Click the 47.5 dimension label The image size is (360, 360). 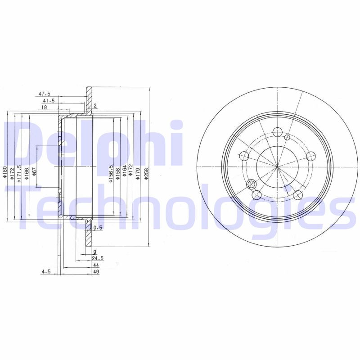click(44, 94)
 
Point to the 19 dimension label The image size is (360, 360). click(45, 108)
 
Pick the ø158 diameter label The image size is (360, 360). click(117, 174)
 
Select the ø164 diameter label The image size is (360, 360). click(124, 174)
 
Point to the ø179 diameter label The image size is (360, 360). click(137, 174)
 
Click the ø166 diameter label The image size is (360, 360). click(27, 173)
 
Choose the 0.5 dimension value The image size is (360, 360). click(99, 228)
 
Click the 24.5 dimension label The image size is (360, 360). click(98, 258)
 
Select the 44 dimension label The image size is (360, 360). click(96, 265)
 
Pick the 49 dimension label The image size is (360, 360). click(96, 272)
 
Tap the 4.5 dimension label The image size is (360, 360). click(45, 272)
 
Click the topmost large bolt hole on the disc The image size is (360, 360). click(277, 132)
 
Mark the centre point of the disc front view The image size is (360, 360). click(277, 167)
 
